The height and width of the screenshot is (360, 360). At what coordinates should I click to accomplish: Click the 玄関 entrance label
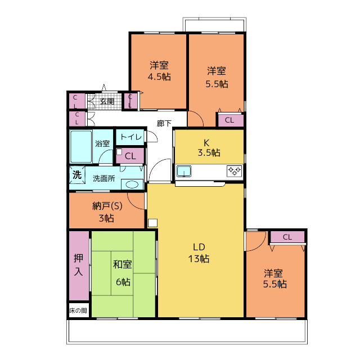point(107,101)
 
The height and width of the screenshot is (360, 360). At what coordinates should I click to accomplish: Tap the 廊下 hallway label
point(164,123)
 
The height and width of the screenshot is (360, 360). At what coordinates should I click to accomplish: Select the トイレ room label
point(130,137)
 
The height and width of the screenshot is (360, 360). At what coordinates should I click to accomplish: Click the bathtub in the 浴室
point(81,147)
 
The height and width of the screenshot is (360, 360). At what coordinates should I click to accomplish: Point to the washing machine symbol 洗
point(77,175)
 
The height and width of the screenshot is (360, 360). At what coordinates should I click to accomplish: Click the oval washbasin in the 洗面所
point(132,184)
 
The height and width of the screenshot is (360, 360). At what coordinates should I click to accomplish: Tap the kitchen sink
point(184,171)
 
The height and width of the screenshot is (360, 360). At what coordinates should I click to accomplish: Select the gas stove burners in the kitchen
point(234,171)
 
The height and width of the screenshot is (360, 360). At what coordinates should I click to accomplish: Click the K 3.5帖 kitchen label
point(209,147)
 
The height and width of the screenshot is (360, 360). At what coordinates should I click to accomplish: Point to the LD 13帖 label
point(199,253)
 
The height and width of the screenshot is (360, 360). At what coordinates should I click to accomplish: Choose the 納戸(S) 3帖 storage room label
point(107,212)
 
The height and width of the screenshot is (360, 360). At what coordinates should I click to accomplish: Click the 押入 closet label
point(78,265)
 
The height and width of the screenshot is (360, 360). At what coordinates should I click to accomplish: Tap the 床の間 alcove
point(79,310)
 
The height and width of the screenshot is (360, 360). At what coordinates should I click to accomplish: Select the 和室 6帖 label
point(123,273)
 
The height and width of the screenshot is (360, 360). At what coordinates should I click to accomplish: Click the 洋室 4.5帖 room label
point(159,71)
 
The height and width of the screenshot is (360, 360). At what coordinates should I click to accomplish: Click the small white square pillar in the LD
point(152,223)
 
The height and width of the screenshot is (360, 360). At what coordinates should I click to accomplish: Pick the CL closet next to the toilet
point(130,156)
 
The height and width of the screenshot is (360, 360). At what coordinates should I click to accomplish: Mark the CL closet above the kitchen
point(231,120)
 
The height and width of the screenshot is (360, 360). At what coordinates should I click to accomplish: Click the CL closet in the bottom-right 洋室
point(287,237)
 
